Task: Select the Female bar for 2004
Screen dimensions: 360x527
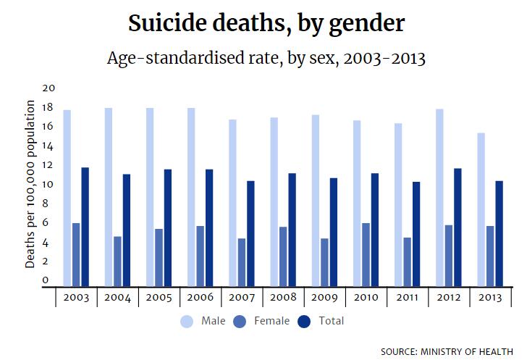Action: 117,261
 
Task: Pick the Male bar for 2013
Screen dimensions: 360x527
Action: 481,209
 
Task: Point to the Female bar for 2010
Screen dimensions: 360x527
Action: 366,254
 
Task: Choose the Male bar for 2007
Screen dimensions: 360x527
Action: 233,202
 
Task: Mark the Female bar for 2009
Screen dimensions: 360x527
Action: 324,261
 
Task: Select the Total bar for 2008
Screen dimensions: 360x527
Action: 291,229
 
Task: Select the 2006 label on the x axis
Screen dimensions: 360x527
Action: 200,298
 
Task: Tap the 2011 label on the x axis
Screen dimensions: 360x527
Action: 407,298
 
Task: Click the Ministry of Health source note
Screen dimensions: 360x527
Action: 449,351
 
